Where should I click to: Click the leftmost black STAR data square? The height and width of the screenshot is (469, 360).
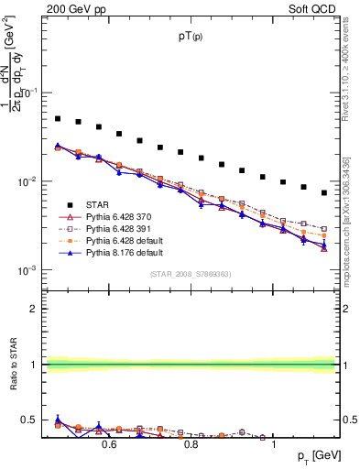point(58,118)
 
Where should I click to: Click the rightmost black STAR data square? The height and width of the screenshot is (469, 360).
point(324,192)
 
